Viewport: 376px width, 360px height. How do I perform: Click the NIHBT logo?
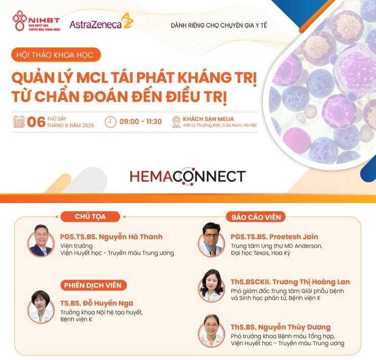coord(36,21)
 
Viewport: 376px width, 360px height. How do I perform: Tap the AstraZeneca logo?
coord(101,21)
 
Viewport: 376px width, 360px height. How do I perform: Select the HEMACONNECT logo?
coord(188,176)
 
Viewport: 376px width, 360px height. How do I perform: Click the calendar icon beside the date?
coord(19,122)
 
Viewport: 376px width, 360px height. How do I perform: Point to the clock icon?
coord(111,122)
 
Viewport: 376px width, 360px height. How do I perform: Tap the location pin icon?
coord(177,122)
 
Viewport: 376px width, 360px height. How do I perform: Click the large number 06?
coord(36,122)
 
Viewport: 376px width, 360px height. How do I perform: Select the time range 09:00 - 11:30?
coord(141,122)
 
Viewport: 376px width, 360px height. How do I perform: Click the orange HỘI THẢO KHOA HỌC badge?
coord(56,55)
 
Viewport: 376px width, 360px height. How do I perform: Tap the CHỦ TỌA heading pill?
coord(90,217)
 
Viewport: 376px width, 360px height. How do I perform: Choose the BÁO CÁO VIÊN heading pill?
coord(256,217)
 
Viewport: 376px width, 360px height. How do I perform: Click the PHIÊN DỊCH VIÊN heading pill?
coord(93,285)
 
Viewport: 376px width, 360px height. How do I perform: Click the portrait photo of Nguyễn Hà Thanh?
coord(41,241)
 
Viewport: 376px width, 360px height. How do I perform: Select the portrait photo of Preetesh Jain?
coord(211,240)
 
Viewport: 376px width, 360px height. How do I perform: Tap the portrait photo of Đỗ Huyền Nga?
coord(41,307)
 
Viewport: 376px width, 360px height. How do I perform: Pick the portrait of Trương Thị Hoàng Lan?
coord(211,286)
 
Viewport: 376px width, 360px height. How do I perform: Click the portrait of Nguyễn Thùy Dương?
coord(211,331)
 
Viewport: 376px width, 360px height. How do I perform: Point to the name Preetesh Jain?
coord(294,237)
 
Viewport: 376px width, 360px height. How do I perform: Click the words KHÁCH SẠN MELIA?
coord(209,119)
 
